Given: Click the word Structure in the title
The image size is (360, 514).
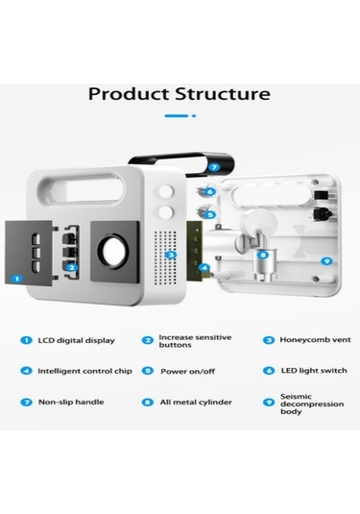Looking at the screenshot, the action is click(x=223, y=94).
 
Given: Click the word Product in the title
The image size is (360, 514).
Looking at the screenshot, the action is click(x=130, y=94).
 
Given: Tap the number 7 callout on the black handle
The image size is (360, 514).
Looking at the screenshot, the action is click(x=214, y=167).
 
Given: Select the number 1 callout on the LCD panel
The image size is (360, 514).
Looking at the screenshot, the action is click(x=17, y=279).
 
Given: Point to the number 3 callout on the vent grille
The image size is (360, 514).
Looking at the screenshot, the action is click(x=170, y=255).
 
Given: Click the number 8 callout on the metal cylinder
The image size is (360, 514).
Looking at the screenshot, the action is click(x=263, y=255).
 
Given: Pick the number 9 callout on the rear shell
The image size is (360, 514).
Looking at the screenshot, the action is click(x=326, y=261).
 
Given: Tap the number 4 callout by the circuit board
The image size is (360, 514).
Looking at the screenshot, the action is click(x=204, y=268).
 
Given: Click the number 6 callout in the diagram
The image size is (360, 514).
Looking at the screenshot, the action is click(x=210, y=191).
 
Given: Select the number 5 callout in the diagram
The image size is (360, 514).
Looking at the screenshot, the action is click(x=210, y=214).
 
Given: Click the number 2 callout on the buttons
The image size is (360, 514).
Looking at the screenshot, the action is click(x=72, y=268).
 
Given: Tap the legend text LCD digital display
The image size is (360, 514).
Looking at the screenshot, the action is click(x=77, y=341).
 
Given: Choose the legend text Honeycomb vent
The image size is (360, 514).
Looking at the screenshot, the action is click(x=315, y=340).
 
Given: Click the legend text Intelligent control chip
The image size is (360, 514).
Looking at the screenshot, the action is click(x=84, y=371).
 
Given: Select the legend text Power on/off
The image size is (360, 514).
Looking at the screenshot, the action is click(x=188, y=372).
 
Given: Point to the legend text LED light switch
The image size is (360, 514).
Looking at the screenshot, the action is click(x=314, y=371).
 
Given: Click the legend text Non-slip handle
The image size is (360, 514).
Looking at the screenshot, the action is click(x=71, y=403).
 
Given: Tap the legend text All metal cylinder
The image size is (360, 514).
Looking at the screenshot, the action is click(x=196, y=403).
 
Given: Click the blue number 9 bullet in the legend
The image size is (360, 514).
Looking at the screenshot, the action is click(x=269, y=403).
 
